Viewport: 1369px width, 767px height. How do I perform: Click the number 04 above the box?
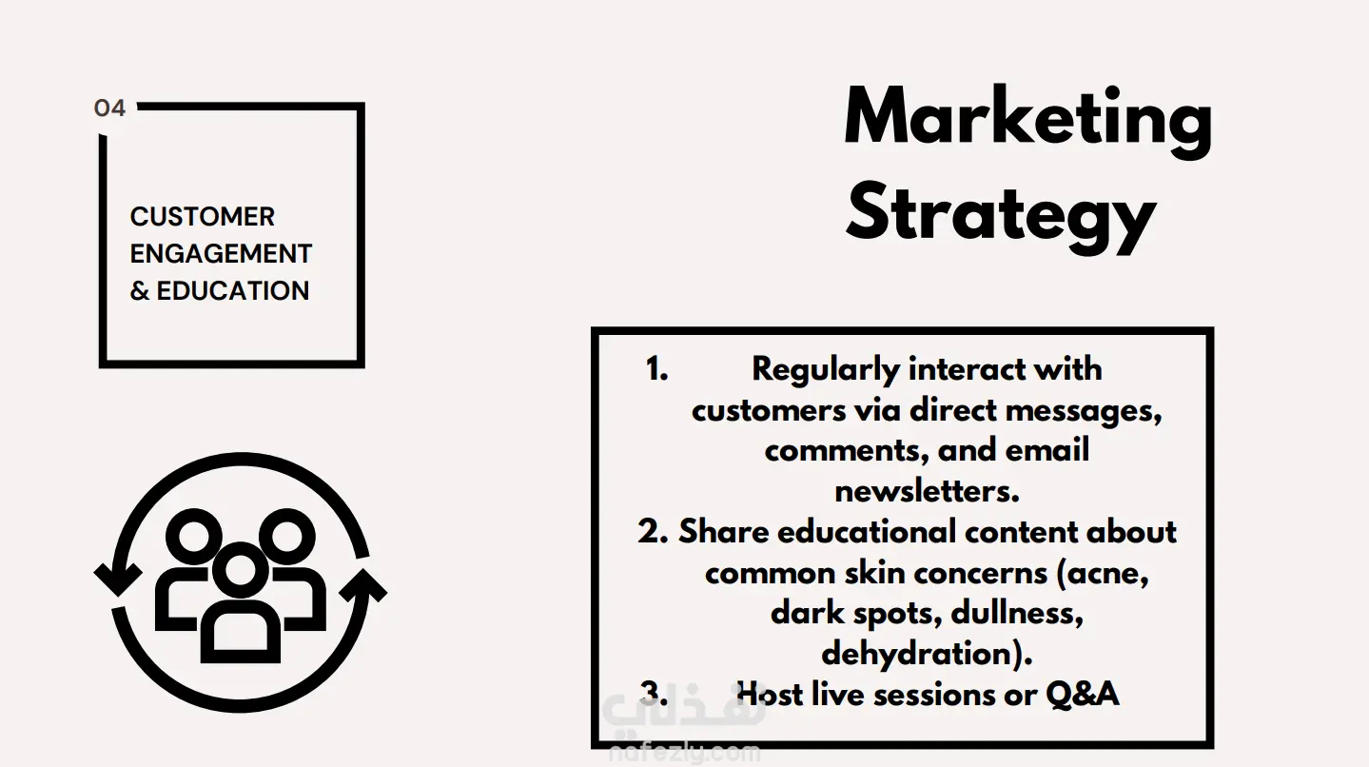[x=110, y=108]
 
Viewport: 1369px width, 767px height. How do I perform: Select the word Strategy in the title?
[x=1001, y=217]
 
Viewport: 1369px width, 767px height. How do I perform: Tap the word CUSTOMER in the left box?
[x=203, y=217]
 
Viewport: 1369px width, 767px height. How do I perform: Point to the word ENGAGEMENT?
[x=221, y=254]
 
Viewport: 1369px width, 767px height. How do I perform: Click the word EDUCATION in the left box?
[x=233, y=291]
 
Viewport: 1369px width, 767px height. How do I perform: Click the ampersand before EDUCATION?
[x=139, y=291]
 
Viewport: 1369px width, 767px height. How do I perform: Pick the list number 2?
[x=653, y=532]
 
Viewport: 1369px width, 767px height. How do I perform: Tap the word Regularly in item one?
[x=826, y=371]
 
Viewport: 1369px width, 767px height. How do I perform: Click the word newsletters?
[x=927, y=491]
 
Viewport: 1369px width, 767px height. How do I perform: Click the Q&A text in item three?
[x=1083, y=696]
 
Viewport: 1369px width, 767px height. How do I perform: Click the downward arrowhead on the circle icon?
[x=118, y=579]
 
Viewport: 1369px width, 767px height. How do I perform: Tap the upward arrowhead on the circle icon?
[x=363, y=585]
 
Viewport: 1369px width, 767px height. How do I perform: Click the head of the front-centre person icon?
[x=241, y=570]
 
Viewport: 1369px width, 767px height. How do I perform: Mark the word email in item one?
[x=1046, y=450]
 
